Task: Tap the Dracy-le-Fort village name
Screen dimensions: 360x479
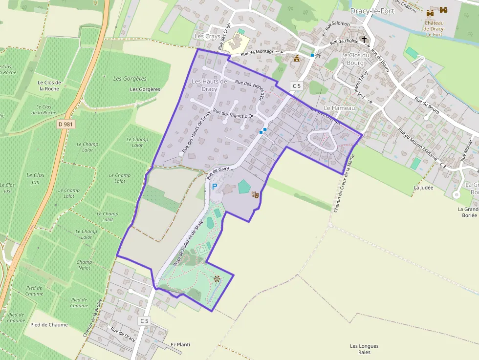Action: [x=372, y=11]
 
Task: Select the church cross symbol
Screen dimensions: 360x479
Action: [x=364, y=39]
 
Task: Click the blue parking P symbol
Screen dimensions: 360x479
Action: [x=214, y=186]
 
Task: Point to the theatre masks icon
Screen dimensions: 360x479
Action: [x=255, y=194]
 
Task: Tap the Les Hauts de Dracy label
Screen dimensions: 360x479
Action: [x=210, y=85]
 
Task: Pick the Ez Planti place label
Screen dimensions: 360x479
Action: [x=180, y=344]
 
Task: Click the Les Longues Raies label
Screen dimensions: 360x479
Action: [x=364, y=349]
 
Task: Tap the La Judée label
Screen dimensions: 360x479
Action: [x=423, y=187]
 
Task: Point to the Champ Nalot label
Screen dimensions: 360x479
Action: [x=84, y=265]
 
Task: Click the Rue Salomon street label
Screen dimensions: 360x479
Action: [x=338, y=24]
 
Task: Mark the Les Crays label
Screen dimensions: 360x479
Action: [x=207, y=37]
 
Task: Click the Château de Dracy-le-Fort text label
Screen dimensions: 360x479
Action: [x=434, y=28]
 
